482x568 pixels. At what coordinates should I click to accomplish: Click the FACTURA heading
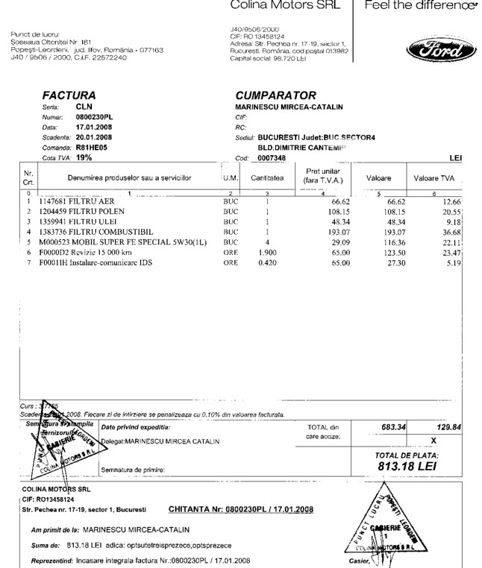[x=69, y=95]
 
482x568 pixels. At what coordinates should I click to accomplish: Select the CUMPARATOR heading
[x=275, y=95]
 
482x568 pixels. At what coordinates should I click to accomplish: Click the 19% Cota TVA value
[x=84, y=158]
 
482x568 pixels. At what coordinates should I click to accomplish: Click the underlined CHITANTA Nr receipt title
[x=241, y=510]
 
